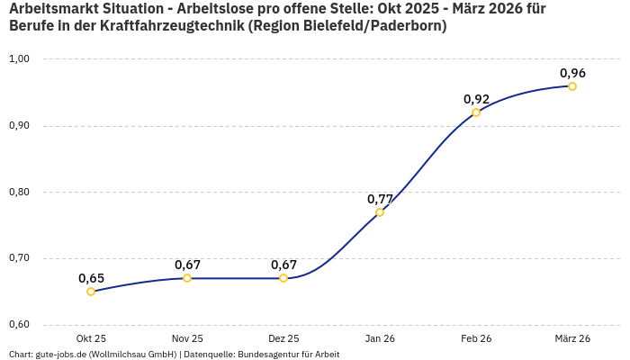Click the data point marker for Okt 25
(x=91, y=292)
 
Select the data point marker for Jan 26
(x=380, y=212)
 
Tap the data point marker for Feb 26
(x=476, y=112)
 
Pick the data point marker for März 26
(x=572, y=86)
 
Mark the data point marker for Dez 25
(x=283, y=278)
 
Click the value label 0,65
(x=91, y=278)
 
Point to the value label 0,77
(x=380, y=198)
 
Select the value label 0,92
(x=476, y=99)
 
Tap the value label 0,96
(x=572, y=73)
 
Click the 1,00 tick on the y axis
(x=19, y=59)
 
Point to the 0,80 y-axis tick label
(x=19, y=192)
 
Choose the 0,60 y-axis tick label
(x=19, y=325)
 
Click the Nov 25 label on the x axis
(x=187, y=338)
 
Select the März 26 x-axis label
(x=572, y=338)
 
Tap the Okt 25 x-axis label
(x=91, y=338)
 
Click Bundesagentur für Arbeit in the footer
(x=288, y=355)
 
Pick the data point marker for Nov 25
(x=187, y=278)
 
